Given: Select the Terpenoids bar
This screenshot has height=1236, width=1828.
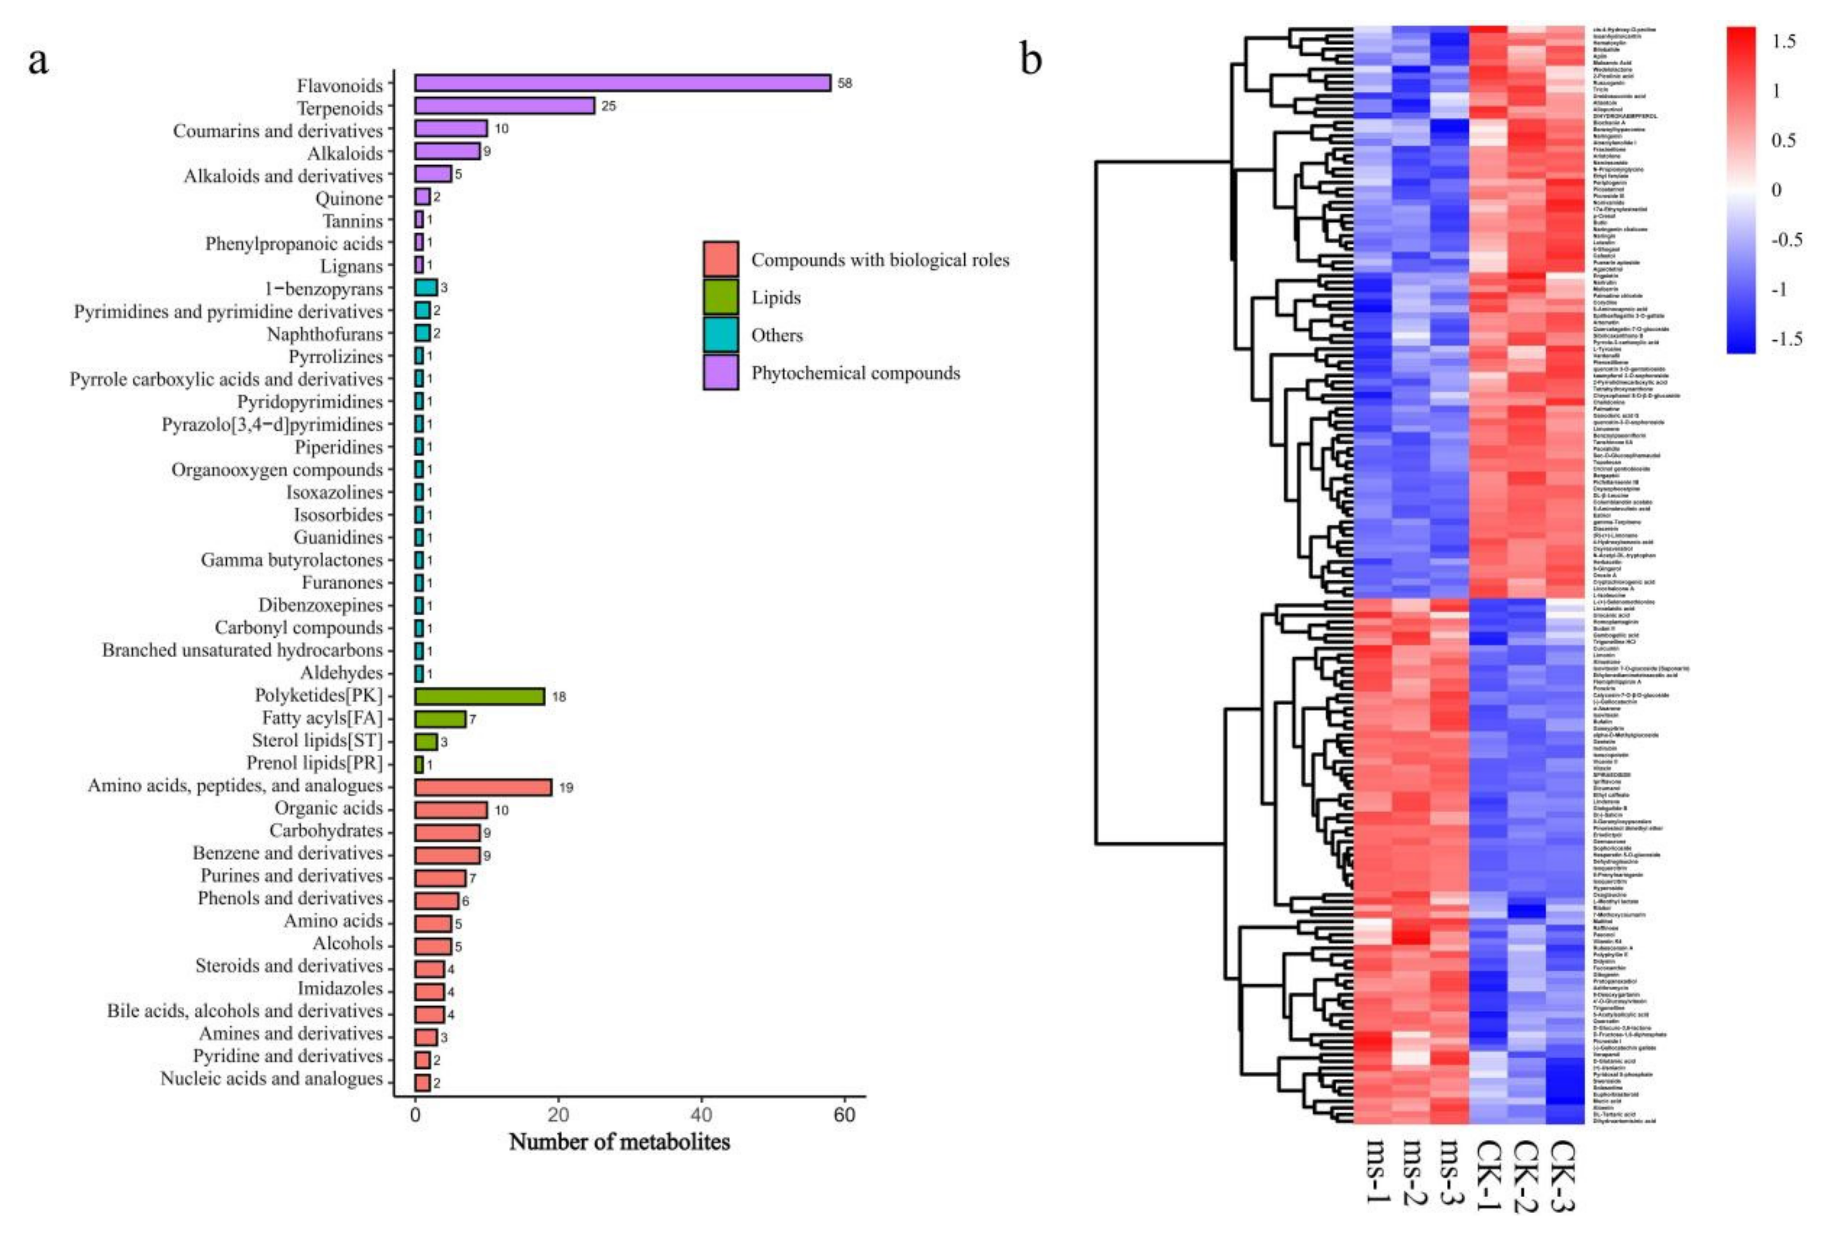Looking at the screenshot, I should coord(504,106).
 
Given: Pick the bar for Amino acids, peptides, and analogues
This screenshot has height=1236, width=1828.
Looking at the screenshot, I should coord(483,787).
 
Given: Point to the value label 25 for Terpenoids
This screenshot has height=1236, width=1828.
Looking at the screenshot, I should coord(608,106).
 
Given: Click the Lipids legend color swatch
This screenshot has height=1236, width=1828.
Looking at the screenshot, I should coord(720,297).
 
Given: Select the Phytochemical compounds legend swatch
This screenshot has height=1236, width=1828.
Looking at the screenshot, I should coord(720,372).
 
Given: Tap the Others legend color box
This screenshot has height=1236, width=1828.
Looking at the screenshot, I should coord(720,334).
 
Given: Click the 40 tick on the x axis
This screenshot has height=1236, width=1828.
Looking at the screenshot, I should coord(701,1115).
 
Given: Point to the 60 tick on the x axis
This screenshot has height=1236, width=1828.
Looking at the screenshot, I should coord(844,1115).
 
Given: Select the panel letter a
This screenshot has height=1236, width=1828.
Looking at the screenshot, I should coord(38,61).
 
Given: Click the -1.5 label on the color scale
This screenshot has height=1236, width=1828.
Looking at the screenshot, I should coord(1782,339).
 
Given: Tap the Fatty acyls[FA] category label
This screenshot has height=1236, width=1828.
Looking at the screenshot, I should coord(322,718).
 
